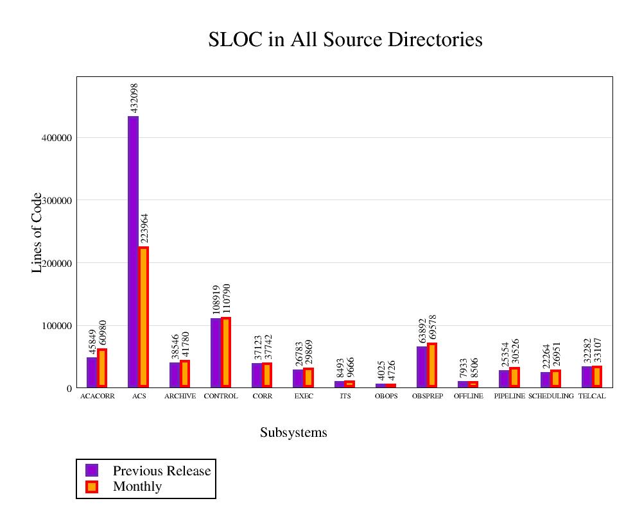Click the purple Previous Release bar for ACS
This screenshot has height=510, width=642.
click(x=133, y=251)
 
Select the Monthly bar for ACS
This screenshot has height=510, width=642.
click(x=144, y=317)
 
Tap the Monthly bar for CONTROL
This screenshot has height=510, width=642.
click(x=226, y=352)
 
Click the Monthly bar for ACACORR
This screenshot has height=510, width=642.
click(x=102, y=368)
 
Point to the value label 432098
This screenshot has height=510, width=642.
click(x=134, y=98)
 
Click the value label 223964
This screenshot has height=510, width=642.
click(x=144, y=229)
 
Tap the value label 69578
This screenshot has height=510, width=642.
click(x=433, y=327)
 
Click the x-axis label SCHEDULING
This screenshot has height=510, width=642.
click(x=551, y=396)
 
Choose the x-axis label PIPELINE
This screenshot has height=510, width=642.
click(x=510, y=396)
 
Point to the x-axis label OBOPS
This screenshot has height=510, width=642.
click(x=386, y=396)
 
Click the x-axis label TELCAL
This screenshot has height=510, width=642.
click(x=592, y=396)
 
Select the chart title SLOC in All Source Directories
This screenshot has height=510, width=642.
click(x=345, y=40)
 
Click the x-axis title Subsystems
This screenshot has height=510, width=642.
click(x=293, y=432)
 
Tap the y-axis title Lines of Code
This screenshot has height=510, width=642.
click(x=37, y=232)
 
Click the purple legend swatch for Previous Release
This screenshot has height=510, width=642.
click(x=92, y=470)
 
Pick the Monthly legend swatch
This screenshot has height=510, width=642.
click(x=92, y=486)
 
